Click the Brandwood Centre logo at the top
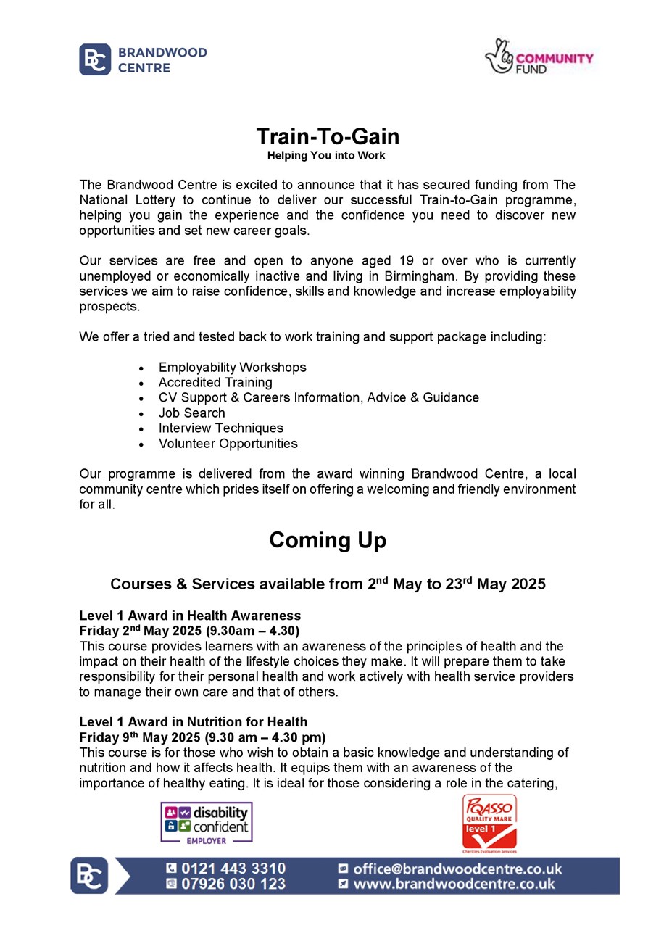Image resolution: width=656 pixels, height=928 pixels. click(143, 59)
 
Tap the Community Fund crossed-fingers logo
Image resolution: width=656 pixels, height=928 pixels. click(539, 57)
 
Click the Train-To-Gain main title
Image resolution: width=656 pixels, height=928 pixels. click(328, 136)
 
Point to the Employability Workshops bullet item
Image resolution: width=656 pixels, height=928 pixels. click(232, 368)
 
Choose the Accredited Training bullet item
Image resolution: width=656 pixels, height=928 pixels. click(215, 383)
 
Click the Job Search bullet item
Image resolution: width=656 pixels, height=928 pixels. click(191, 413)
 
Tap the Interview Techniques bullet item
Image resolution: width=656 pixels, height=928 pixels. click(220, 428)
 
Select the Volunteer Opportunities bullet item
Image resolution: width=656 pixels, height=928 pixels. click(228, 444)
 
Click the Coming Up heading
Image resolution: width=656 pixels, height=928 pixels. click(328, 540)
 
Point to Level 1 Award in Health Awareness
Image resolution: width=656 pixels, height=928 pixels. click(190, 616)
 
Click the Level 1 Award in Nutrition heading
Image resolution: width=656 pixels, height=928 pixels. click(193, 722)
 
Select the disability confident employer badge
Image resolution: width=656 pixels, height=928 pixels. click(207, 822)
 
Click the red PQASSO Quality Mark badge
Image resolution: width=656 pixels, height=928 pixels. click(489, 822)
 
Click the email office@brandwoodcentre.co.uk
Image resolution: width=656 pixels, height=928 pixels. click(457, 869)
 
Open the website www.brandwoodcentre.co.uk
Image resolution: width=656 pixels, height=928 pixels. click(454, 884)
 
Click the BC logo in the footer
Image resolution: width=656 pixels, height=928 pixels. click(88, 876)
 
